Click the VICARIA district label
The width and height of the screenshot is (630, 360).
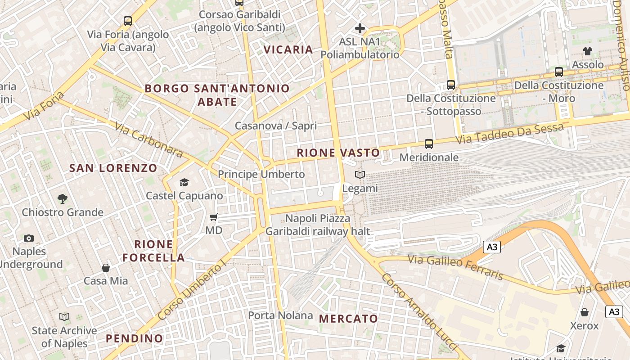tap(288, 49)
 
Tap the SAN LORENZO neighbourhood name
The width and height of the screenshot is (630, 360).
tap(113, 168)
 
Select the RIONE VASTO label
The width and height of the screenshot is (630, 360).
tap(338, 153)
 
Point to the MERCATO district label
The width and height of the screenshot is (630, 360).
tap(349, 319)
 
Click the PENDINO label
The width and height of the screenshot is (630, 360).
tap(134, 338)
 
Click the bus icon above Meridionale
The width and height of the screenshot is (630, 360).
tap(429, 144)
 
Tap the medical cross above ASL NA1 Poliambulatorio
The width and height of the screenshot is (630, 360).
tap(360, 29)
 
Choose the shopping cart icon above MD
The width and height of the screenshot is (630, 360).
tap(214, 217)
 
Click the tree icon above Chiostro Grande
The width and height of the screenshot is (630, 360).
tap(63, 198)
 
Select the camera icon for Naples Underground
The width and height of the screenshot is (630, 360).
tap(29, 238)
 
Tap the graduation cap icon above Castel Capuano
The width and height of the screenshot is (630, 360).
tap(184, 182)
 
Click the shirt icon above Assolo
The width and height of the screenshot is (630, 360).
tap(588, 51)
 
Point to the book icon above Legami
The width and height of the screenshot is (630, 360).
tap(360, 175)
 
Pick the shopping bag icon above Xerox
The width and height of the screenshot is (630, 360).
tap(585, 312)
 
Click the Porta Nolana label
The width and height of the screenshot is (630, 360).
tap(280, 315)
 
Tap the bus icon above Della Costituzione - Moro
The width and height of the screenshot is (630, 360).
tap(559, 72)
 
